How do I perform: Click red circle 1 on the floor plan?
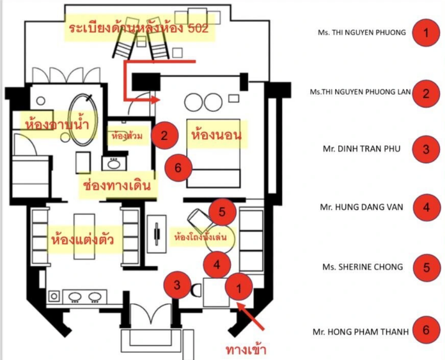(240, 288)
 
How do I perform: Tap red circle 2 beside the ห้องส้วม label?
(164, 135)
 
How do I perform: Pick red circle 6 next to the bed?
(178, 168)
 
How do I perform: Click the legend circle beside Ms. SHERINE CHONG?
(426, 267)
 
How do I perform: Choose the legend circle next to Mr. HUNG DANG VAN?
(426, 208)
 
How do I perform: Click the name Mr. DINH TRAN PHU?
(363, 150)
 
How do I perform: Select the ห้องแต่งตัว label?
(82, 240)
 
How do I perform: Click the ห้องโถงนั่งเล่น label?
(198, 235)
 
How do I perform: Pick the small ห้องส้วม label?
(127, 136)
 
